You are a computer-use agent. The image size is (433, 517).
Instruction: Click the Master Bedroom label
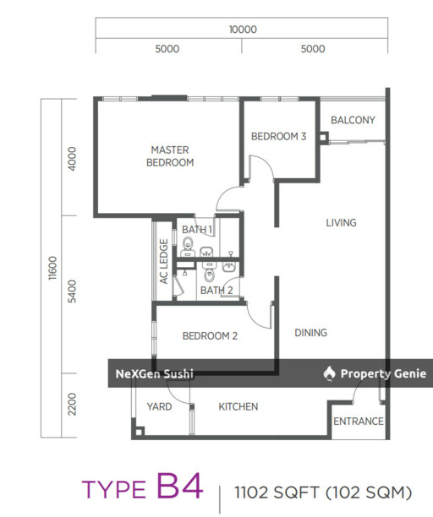[170, 156]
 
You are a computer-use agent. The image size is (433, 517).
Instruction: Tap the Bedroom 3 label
[278, 136]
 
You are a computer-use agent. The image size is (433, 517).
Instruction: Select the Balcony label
[353, 120]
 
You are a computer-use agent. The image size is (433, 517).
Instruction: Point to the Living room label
[342, 223]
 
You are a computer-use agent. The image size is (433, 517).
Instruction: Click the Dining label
[310, 333]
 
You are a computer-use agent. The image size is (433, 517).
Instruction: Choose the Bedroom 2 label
[210, 336]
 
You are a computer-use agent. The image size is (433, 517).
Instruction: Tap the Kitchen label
[238, 406]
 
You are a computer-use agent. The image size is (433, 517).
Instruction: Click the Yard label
[159, 406]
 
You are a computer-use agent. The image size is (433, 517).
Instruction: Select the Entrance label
[359, 422]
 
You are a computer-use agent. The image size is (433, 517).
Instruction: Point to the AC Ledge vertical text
[164, 262]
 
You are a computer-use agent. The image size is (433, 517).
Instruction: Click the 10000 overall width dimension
[243, 30]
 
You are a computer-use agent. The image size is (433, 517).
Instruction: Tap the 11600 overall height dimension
[52, 268]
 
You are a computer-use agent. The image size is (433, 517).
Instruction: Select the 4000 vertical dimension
[72, 159]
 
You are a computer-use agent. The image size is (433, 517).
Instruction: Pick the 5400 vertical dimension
[72, 291]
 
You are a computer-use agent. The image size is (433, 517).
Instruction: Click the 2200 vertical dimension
[72, 405]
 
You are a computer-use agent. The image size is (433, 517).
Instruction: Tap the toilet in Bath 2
[209, 273]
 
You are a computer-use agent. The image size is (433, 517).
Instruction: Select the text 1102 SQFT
[277, 493]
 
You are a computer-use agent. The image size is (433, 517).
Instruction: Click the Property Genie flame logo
[329, 373]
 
